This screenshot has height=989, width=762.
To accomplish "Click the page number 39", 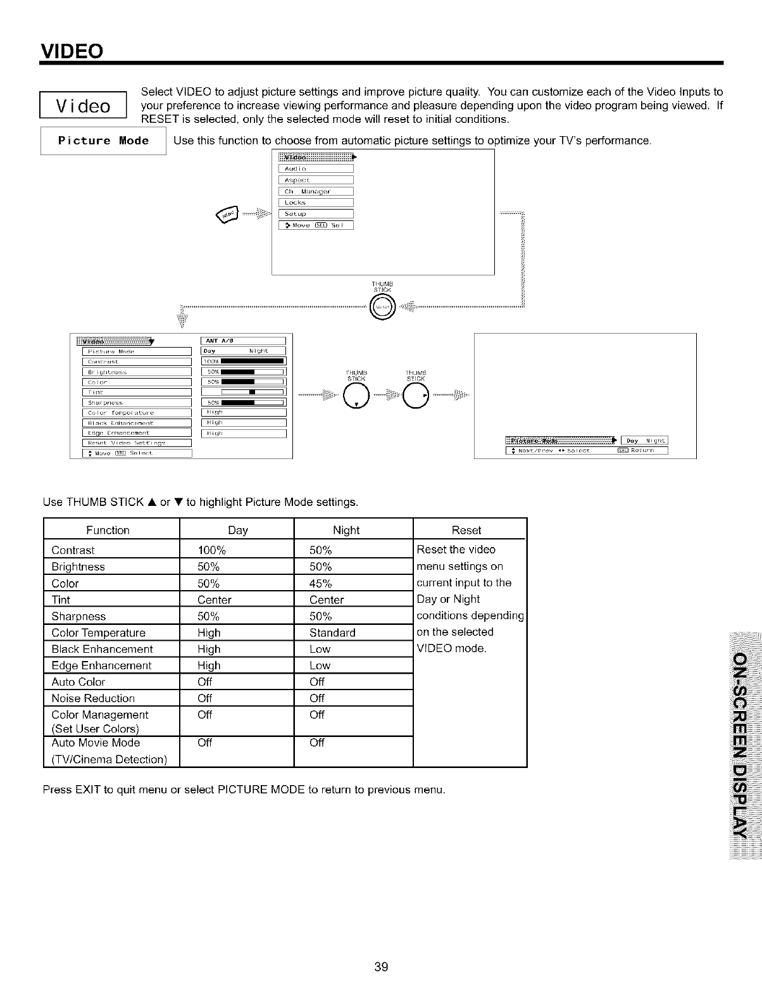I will coord(380,967).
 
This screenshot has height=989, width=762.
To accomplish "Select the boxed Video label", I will coord(84,106).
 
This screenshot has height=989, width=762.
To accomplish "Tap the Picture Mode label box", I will coord(103,141).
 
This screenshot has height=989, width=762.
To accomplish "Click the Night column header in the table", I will coord(346,530).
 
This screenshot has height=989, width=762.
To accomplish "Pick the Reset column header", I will coord(466,530).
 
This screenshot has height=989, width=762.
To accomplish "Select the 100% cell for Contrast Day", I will coord(212,550).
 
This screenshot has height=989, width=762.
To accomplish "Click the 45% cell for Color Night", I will coord(321,583).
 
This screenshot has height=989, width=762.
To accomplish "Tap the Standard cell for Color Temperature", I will coord(332,633).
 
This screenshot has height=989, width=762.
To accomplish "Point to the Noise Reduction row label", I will coord(93,698).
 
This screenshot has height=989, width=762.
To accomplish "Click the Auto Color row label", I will coord(78,682).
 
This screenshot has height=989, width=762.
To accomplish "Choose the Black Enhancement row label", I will coord(102,649).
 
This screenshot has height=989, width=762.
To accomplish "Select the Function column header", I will coord(108,530).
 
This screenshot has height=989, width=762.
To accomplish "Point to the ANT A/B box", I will coord(243,340).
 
